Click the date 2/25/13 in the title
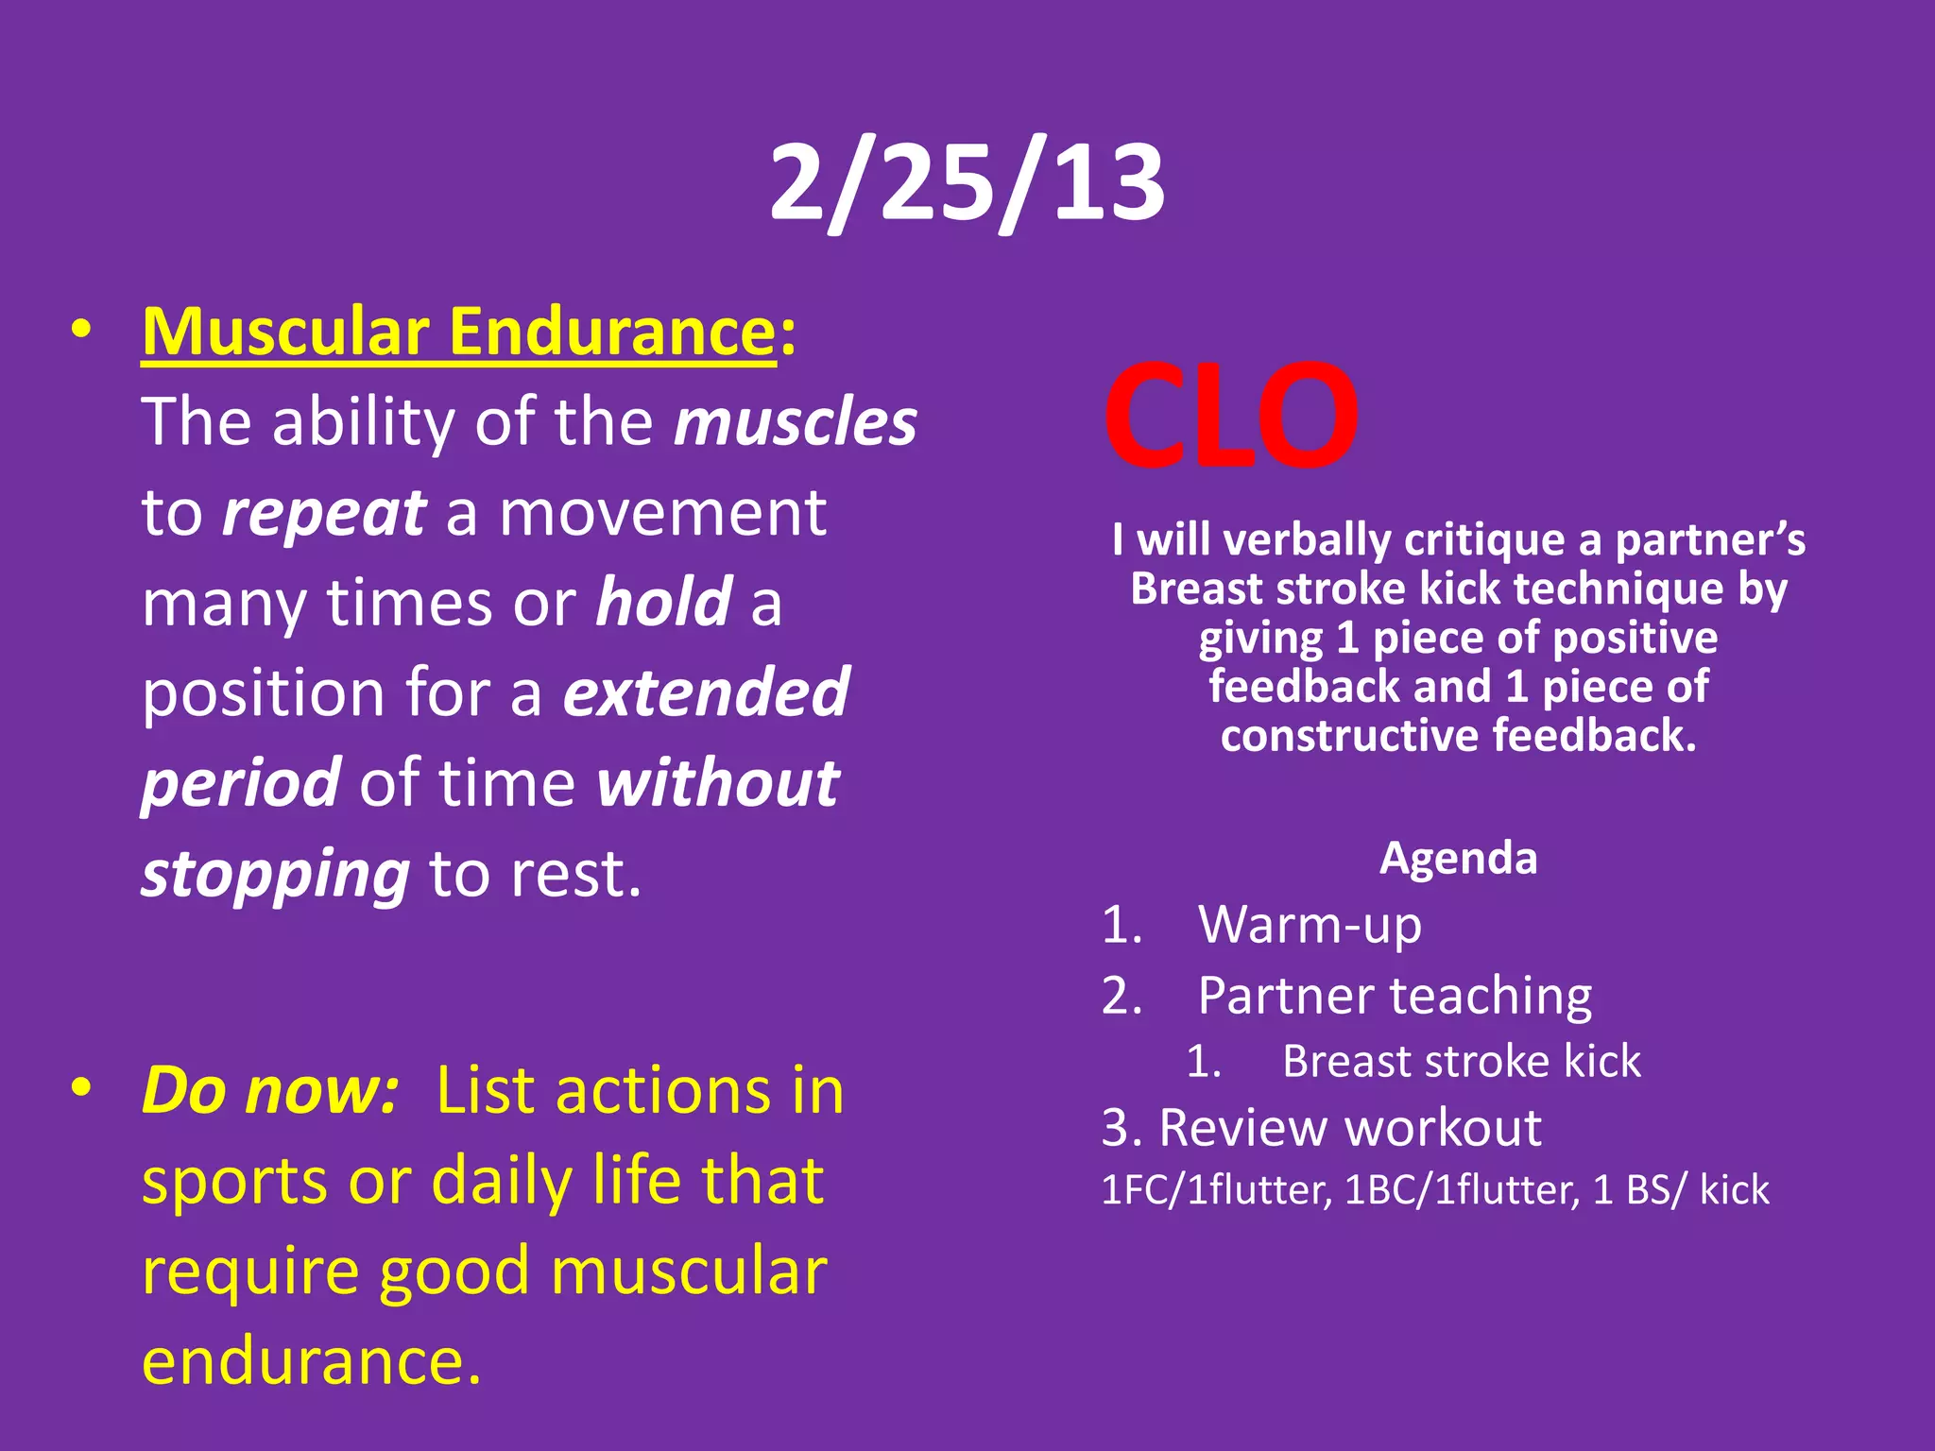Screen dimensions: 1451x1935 [x=967, y=182]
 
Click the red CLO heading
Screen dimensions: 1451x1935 [x=1230, y=416]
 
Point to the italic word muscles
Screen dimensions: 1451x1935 [x=795, y=422]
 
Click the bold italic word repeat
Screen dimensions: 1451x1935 [x=323, y=514]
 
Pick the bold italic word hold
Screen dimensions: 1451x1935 [x=664, y=603]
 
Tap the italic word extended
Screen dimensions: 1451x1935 [x=706, y=692]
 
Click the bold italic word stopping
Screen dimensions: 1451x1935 [x=275, y=874]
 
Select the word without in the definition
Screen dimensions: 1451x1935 [x=718, y=783]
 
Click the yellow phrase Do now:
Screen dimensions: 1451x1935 [x=270, y=1091]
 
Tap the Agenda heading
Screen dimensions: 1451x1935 [x=1458, y=859]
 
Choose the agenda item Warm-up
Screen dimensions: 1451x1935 [x=1310, y=924]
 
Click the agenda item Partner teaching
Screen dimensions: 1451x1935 [x=1395, y=996]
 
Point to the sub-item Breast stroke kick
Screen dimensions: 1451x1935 [x=1461, y=1062]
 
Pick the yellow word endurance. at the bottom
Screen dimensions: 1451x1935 [x=312, y=1362]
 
